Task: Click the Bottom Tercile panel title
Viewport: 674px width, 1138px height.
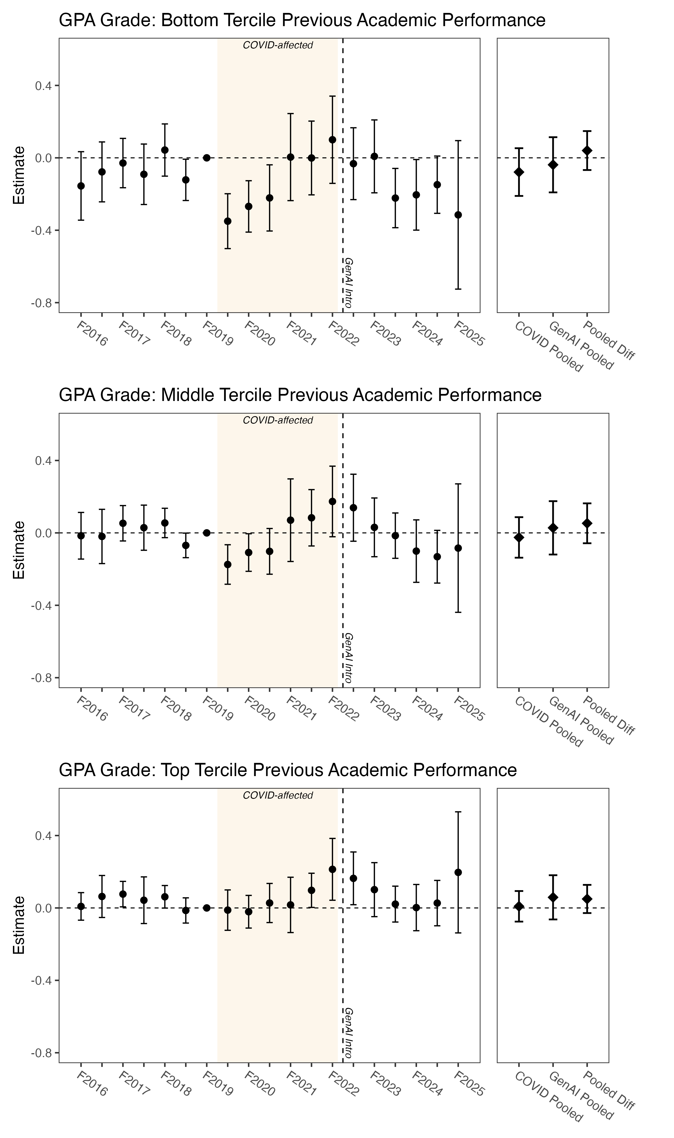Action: (x=302, y=21)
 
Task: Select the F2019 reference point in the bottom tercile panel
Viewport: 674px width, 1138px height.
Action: (x=207, y=158)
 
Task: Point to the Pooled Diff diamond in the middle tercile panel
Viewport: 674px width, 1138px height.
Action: (x=587, y=523)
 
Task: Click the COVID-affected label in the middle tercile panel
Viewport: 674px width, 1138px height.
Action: (x=278, y=420)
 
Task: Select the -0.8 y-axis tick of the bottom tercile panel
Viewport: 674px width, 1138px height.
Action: (x=40, y=303)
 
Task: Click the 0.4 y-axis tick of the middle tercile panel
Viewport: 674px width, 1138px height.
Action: (x=43, y=461)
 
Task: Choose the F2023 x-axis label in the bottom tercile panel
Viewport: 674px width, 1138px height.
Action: (x=385, y=334)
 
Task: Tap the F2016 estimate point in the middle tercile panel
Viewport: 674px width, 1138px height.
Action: (x=81, y=536)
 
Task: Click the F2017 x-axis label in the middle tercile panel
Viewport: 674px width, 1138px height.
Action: (x=133, y=708)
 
